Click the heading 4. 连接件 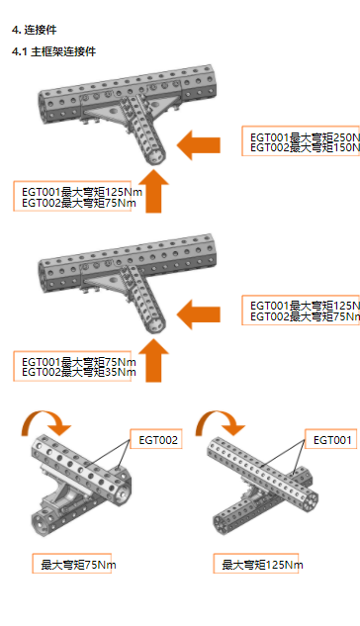(x=34, y=30)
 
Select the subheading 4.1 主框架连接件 (x=53, y=50)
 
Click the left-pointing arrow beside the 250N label (x=198, y=145)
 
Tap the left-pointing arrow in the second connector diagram (x=198, y=314)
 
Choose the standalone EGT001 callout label (x=333, y=439)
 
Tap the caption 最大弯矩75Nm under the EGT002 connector (x=78, y=565)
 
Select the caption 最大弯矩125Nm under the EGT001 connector (x=262, y=565)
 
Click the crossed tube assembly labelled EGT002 (x=79, y=485)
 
